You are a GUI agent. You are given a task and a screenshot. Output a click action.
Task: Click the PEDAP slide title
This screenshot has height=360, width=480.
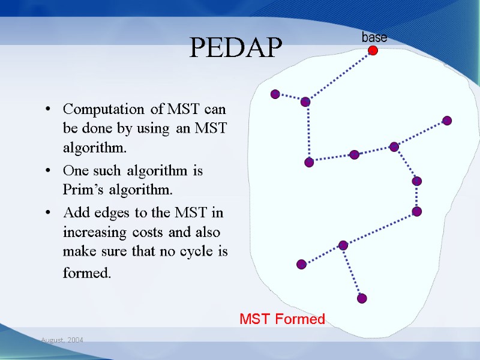pos(236,47)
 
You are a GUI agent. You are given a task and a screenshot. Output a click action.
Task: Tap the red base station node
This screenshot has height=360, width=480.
pos(373,51)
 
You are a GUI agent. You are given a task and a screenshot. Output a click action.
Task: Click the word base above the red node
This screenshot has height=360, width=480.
pos(374,37)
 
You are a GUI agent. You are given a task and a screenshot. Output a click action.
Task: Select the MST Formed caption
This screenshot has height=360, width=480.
pos(282,319)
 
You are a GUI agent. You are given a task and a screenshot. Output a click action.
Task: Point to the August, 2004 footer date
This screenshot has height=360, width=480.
pos(62,340)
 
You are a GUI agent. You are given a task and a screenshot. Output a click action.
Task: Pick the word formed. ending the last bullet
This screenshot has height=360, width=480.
pos(87,274)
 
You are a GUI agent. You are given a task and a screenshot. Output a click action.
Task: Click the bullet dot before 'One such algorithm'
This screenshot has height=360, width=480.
pos(47,172)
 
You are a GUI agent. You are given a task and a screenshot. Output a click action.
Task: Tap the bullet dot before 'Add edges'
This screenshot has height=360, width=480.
pos(47,213)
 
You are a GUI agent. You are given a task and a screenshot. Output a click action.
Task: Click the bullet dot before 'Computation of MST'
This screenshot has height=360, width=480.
pos(47,110)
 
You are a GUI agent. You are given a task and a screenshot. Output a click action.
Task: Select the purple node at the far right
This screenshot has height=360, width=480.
pos(446,121)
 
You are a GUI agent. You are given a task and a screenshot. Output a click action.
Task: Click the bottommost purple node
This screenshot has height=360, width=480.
pos(361,298)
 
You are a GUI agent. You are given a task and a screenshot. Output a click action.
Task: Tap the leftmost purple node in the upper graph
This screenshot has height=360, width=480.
pos(275,94)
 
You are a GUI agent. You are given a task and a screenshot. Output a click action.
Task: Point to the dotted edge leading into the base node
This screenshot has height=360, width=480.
pos(339,76)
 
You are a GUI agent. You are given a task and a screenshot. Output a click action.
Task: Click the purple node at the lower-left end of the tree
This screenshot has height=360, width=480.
pos(301,264)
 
